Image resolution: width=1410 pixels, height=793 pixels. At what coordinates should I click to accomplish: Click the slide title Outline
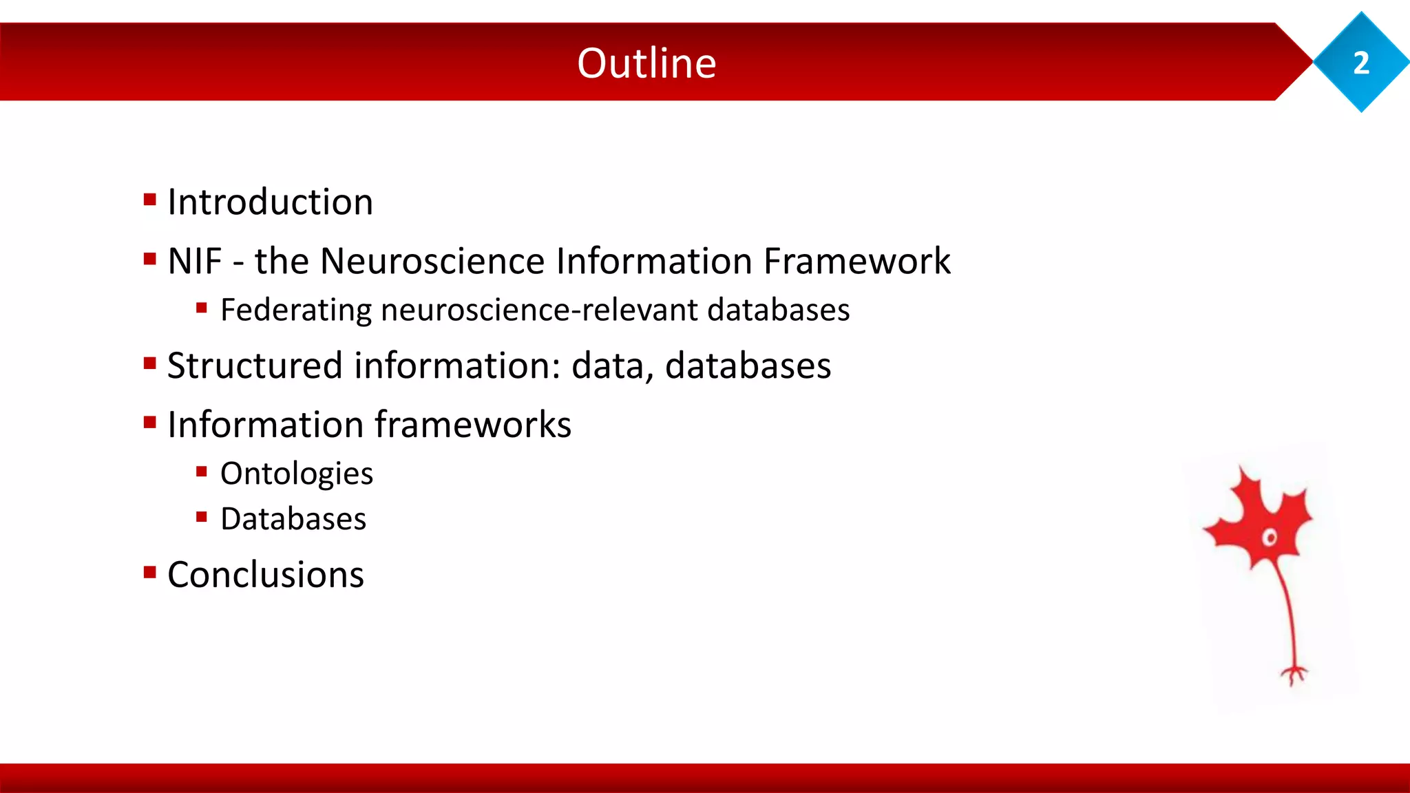(646, 63)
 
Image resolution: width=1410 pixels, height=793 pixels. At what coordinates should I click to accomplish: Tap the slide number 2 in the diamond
(1361, 63)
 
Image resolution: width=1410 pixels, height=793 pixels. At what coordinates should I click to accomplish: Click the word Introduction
(270, 202)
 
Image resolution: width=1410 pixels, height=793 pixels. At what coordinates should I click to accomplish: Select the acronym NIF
(195, 262)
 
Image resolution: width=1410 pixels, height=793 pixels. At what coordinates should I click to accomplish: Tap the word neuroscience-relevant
(539, 310)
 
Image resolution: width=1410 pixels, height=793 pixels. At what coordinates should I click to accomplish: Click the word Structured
(255, 366)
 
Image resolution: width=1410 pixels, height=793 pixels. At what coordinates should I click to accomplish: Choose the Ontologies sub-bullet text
(296, 474)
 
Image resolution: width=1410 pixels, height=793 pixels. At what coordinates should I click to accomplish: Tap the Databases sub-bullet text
(293, 519)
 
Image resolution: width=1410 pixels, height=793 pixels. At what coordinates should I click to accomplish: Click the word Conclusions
(265, 575)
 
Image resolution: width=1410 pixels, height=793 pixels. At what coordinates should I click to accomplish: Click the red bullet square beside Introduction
(150, 200)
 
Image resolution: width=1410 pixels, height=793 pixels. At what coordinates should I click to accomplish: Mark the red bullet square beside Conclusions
(150, 573)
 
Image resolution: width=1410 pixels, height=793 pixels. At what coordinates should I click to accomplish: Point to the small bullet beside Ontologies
(202, 472)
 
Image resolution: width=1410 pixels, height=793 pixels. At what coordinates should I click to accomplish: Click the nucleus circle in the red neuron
(1270, 538)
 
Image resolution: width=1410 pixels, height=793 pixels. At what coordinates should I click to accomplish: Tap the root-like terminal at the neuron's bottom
(1294, 674)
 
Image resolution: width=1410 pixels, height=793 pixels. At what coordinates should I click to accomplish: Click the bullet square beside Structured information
(150, 363)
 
